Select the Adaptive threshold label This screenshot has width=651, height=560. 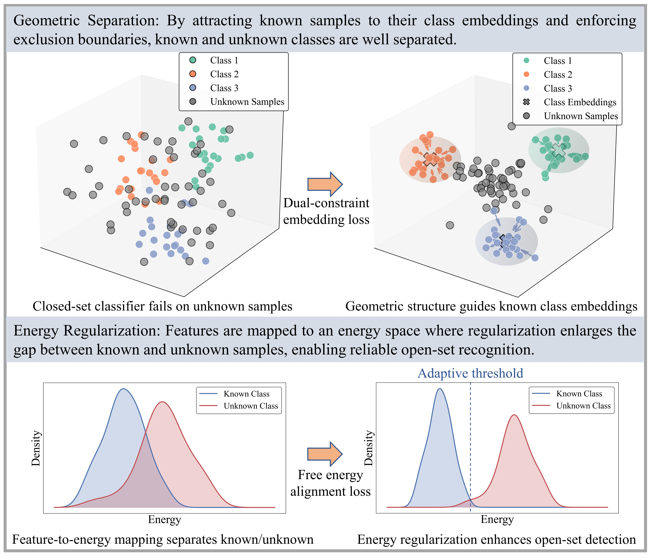(x=470, y=373)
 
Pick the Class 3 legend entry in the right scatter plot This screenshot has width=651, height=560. (x=558, y=88)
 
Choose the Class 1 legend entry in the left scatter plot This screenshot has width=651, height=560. (x=224, y=60)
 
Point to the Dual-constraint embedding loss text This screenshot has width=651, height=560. (x=326, y=211)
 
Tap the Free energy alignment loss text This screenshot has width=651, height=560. (x=330, y=483)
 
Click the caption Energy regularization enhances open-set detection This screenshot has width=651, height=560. (x=496, y=540)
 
